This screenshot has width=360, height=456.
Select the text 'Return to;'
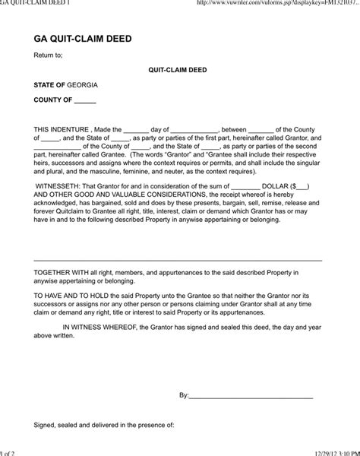tap(48, 55)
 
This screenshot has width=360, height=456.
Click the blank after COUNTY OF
tap(85, 100)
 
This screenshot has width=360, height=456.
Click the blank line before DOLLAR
tap(245, 187)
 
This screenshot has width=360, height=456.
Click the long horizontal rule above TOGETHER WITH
tap(178, 260)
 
